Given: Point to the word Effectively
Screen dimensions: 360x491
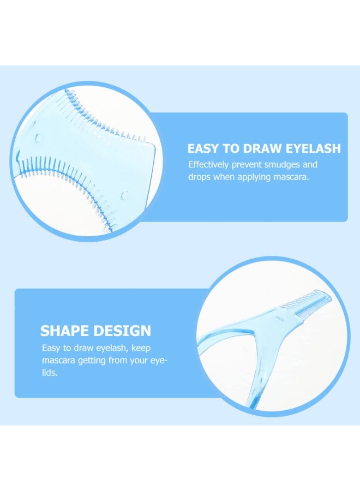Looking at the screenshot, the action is [x=208, y=165].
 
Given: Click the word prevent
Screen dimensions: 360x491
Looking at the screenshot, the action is [x=247, y=165].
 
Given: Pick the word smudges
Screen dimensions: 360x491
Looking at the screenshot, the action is [x=282, y=165].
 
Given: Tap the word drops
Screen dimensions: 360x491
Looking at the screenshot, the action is [x=199, y=177].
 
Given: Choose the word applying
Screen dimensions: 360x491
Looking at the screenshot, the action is [x=254, y=177].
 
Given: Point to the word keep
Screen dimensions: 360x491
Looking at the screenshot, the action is [x=141, y=348].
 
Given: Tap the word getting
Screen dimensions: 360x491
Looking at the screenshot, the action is [x=92, y=361].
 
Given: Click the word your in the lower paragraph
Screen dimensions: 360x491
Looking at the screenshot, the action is [x=139, y=361].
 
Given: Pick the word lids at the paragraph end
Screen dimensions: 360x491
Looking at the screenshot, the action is [x=50, y=373].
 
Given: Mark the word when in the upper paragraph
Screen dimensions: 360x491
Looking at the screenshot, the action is [x=224, y=177].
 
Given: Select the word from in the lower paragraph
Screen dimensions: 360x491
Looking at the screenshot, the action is [x=118, y=361].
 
